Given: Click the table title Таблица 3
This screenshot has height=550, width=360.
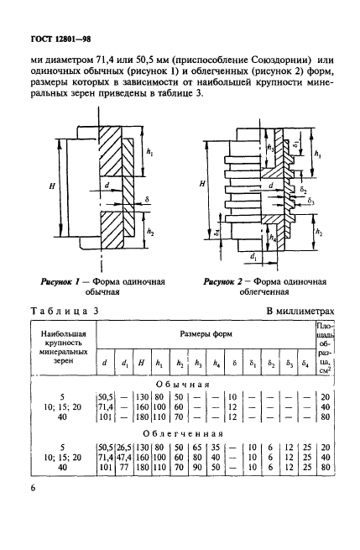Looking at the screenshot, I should (64, 311).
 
